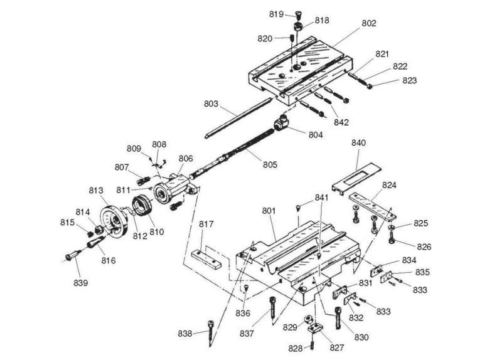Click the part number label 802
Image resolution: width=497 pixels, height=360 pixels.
(368, 24)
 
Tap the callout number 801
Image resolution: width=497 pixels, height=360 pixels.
(269, 212)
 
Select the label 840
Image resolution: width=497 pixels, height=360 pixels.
(358, 143)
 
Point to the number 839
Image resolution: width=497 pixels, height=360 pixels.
(81, 282)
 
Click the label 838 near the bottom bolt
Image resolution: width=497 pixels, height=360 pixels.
(184, 334)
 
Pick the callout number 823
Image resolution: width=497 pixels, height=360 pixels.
(409, 80)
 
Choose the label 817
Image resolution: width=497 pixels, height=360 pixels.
(207, 224)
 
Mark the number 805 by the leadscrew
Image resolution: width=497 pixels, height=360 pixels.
(269, 165)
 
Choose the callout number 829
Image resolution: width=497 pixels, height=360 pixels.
(289, 327)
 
